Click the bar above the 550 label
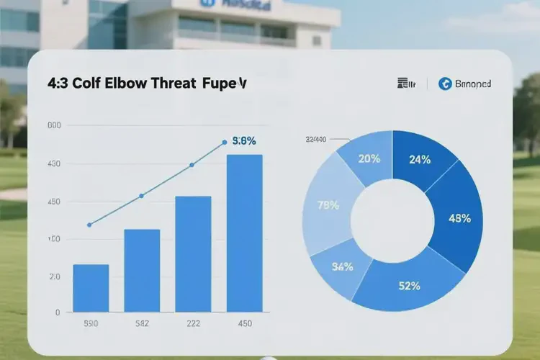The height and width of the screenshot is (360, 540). (x=91, y=288)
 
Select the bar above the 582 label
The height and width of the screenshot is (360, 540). (x=143, y=270)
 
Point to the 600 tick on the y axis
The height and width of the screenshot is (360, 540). (x=54, y=126)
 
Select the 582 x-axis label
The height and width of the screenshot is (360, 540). (x=143, y=324)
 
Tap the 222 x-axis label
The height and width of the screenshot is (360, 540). (x=194, y=324)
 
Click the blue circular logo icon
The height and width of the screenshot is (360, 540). (x=444, y=84)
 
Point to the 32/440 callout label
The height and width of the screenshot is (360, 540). (x=316, y=139)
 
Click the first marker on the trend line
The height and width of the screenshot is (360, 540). (x=89, y=225)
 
